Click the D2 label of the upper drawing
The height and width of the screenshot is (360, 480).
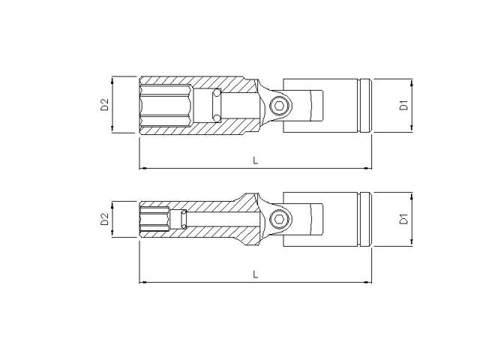(105, 104)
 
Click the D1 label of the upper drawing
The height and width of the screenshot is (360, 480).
(403, 104)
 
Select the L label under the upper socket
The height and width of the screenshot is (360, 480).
(256, 160)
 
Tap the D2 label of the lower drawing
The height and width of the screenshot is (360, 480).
(105, 219)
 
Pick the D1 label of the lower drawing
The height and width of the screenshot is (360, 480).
(403, 219)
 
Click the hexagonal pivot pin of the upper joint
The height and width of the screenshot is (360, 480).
(277, 106)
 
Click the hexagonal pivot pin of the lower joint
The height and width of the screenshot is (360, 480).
(277, 220)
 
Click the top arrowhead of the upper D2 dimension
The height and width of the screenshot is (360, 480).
(112, 79)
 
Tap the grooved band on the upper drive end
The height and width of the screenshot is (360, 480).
(366, 105)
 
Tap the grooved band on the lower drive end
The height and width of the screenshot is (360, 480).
(366, 220)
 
